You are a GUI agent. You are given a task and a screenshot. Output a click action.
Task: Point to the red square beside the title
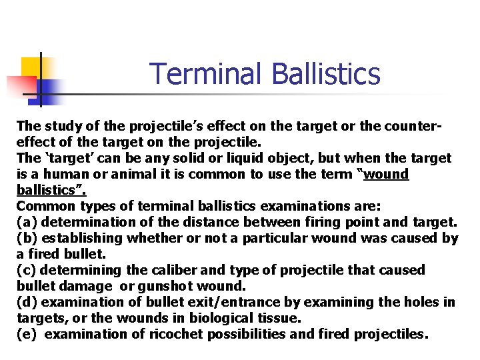pos(21,86)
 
